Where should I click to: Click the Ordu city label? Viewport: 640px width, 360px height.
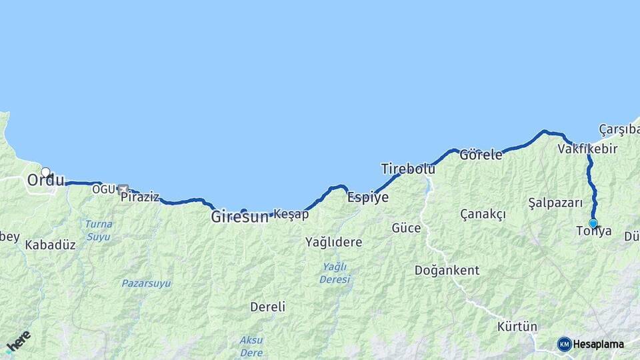(46, 181)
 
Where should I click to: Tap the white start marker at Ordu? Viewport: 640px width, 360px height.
(45, 172)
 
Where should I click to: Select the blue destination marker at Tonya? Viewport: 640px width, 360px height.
(593, 223)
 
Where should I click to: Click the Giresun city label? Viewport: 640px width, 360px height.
(239, 217)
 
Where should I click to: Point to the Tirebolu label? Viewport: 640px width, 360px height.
(408, 169)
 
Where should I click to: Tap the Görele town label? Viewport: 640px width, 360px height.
(481, 155)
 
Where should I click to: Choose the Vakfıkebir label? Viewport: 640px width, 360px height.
(587, 149)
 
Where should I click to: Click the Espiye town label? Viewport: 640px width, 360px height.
(368, 197)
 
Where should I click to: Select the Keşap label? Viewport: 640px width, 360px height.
(291, 214)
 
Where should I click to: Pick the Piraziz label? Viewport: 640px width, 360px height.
(140, 197)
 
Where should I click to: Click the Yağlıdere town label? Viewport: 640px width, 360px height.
(333, 242)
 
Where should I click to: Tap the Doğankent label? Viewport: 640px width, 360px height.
(447, 271)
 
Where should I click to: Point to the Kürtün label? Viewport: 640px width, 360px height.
(517, 327)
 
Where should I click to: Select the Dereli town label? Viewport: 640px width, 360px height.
(267, 307)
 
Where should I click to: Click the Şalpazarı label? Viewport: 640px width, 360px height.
(555, 203)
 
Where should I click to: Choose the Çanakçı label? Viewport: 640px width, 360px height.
(483, 214)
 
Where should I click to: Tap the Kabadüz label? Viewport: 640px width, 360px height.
(50, 245)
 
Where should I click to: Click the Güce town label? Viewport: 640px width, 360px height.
(406, 228)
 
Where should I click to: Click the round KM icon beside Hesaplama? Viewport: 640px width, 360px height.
(564, 344)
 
